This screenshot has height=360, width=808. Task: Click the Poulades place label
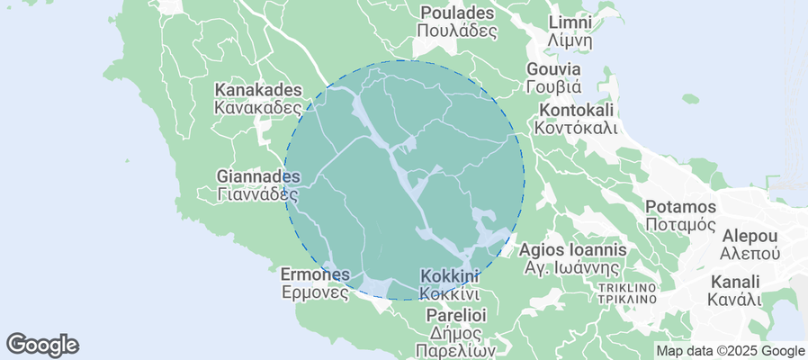coord(457,13)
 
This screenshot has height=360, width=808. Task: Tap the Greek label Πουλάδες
coord(457,31)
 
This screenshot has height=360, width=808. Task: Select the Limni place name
coord(570,22)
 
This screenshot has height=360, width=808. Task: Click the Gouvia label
coord(553,69)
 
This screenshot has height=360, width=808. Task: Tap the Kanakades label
coord(257,90)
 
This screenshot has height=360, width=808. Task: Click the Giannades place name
coord(259,175)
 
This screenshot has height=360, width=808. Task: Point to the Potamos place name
coord(680,207)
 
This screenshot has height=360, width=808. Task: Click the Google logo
coord(42,344)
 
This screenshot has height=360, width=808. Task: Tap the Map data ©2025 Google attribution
coord(730,351)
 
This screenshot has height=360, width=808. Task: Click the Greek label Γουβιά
coord(553,87)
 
